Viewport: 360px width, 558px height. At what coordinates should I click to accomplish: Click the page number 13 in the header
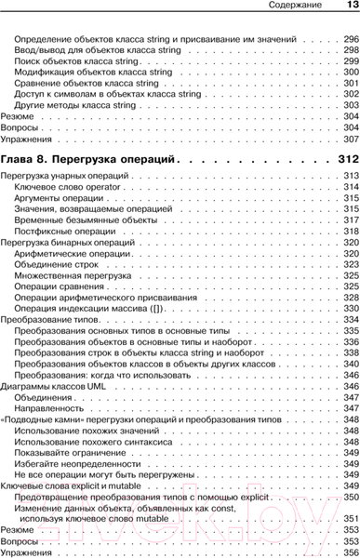pos(348,8)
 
